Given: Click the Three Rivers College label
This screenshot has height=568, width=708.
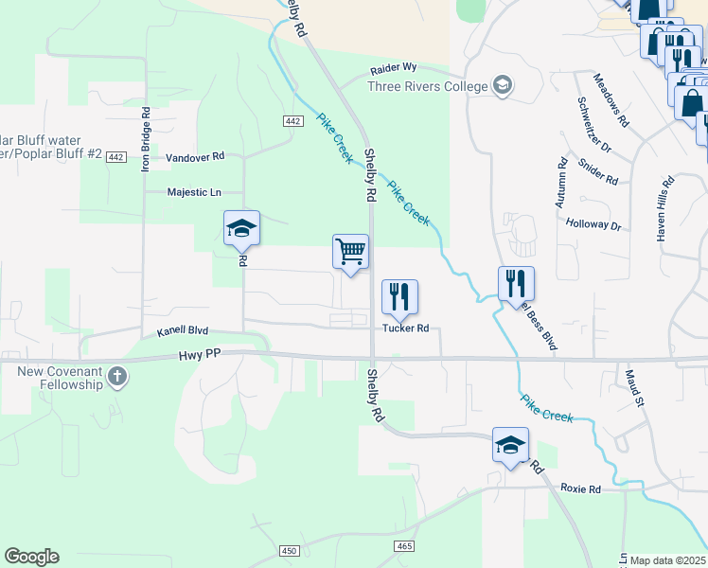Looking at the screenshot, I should (428, 87).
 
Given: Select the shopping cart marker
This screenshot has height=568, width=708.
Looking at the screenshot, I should (350, 252).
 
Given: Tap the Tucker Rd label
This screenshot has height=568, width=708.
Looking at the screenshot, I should (406, 328).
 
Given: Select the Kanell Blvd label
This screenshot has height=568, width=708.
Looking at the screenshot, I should (183, 333).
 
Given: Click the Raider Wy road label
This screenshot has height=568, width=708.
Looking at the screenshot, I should (392, 69).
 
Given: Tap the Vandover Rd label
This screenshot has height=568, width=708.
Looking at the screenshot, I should (195, 156).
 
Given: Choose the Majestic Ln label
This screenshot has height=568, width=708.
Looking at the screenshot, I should (193, 191).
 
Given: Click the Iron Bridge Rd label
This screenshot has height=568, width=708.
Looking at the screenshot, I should (146, 138).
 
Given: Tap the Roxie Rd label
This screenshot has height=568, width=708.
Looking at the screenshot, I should (581, 488).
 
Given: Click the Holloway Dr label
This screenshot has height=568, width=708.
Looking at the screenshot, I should (593, 225).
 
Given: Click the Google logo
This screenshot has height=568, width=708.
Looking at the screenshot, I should (31, 557).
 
